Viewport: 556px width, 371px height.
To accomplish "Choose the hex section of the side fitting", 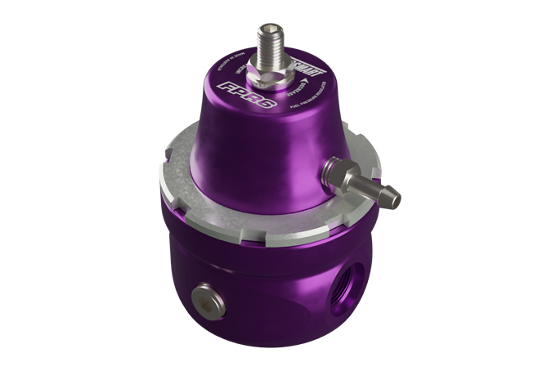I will coord(338,171).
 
